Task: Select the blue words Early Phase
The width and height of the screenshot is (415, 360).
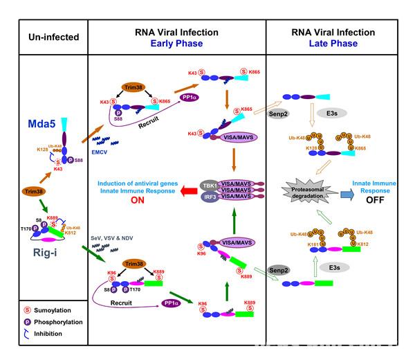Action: pyautogui.click(x=176, y=42)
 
